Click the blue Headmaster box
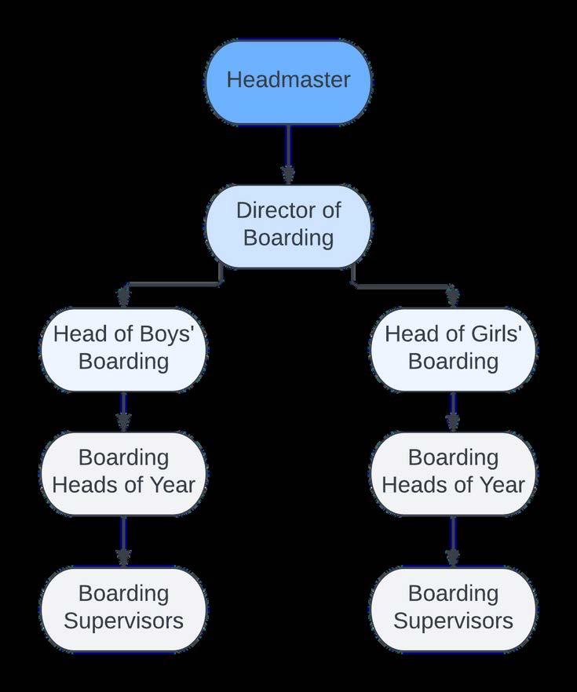pos(288,82)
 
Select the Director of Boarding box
pos(288,226)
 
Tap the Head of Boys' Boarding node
pos(123,349)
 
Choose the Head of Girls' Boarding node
pos(453,349)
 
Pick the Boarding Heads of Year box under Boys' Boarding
pos(123,472)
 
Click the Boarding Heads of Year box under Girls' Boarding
pos(453,472)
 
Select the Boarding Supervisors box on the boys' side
pos(123,609)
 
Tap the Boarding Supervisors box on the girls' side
pos(453,609)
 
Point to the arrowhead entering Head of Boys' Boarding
pos(123,298)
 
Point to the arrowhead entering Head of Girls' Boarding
pos(453,298)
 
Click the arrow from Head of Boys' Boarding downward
pos(123,411)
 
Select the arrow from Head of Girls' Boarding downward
pos(453,411)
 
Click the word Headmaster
pos(288,80)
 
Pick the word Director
pos(268,210)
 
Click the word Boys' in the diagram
pos(165,334)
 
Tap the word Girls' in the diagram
pos(495,334)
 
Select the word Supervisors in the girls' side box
pos(453,621)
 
